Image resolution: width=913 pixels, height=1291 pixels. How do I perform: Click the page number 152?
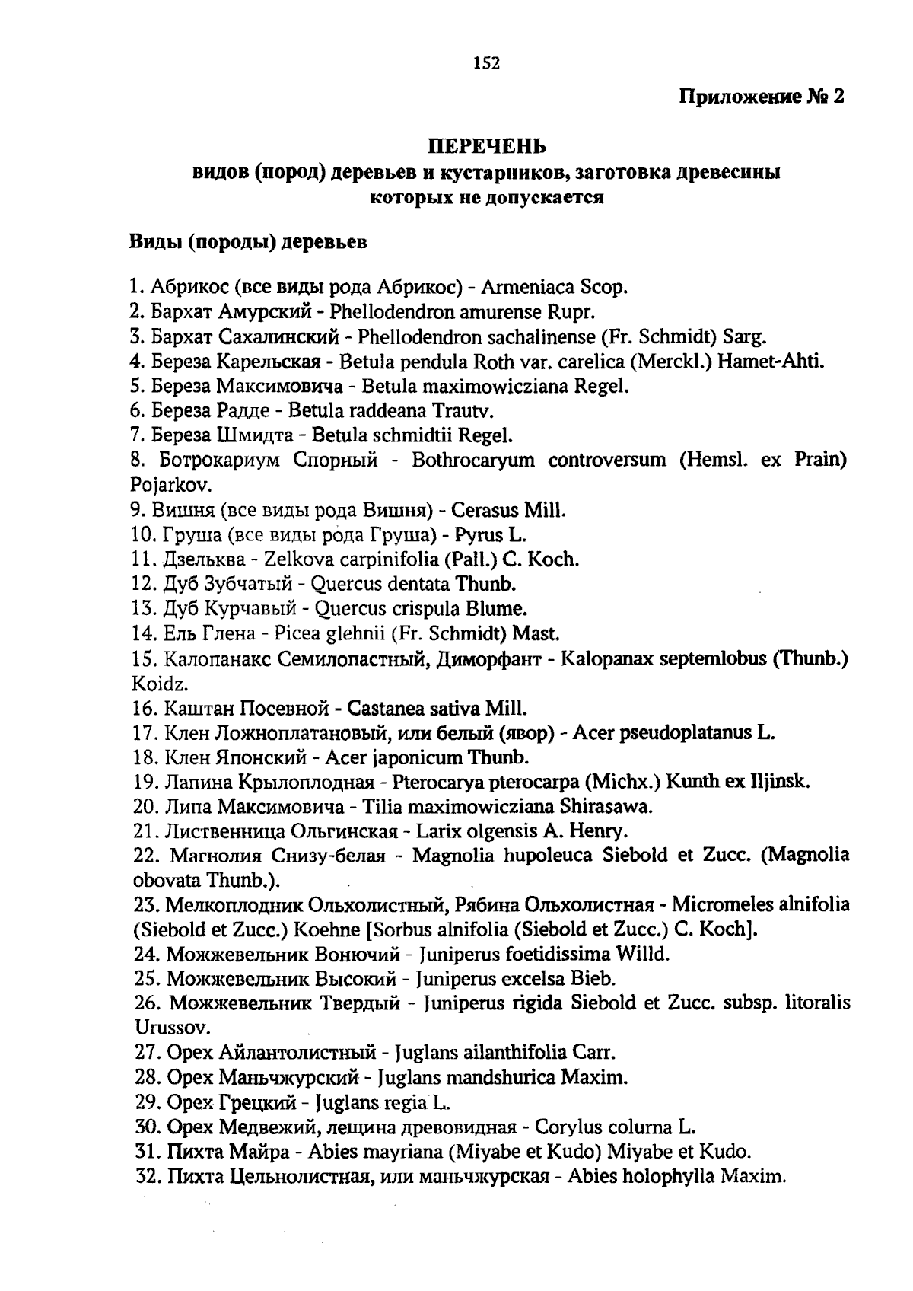click(486, 63)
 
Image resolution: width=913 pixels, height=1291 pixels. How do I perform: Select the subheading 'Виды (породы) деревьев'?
click(247, 243)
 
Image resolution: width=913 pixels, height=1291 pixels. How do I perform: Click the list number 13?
click(143, 609)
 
